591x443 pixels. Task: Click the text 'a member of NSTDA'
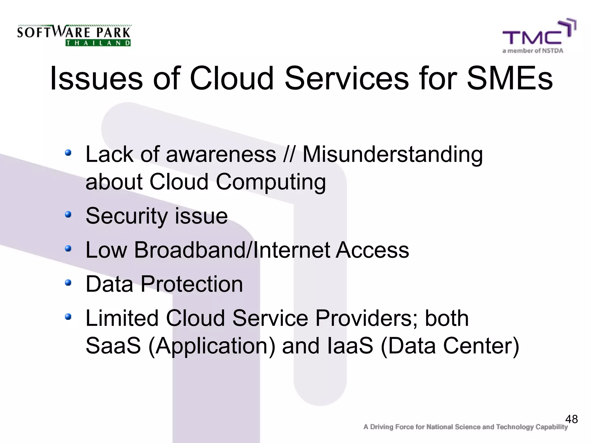coord(533,51)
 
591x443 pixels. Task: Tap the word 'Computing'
coord(271,182)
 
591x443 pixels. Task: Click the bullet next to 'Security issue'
coord(68,215)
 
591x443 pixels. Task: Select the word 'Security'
coord(126,216)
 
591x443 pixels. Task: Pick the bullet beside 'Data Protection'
coord(68,283)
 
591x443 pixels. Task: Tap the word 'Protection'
coord(192,284)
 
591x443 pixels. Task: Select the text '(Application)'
coord(212,346)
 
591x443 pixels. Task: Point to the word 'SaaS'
coord(113,346)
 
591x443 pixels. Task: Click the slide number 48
coord(571,419)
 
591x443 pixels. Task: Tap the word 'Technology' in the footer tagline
coord(515,427)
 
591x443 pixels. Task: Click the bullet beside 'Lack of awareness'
coord(68,153)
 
